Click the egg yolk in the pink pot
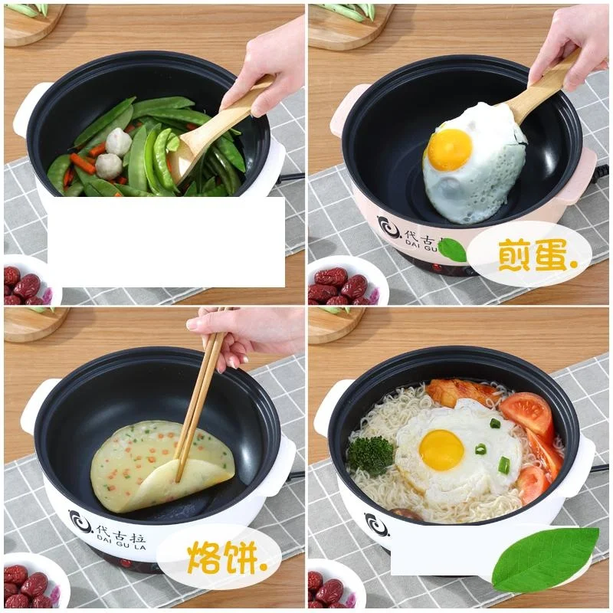point(449,149)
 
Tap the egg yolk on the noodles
point(441,450)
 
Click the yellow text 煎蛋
point(528,255)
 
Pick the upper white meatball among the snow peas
point(119,142)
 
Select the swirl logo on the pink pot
point(388,228)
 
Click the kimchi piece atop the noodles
point(460,392)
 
